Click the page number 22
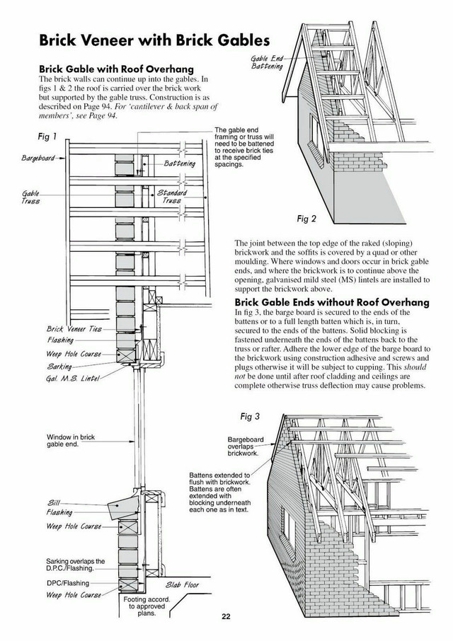click(x=226, y=616)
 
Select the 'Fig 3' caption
click(x=251, y=415)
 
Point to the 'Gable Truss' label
click(x=30, y=196)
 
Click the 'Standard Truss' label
click(x=172, y=196)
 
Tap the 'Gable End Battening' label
click(x=268, y=62)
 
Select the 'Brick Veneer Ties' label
click(x=74, y=329)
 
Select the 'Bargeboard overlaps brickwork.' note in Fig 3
click(x=246, y=445)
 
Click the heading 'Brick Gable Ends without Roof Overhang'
click(x=332, y=303)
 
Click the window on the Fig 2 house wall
click(x=316, y=127)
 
